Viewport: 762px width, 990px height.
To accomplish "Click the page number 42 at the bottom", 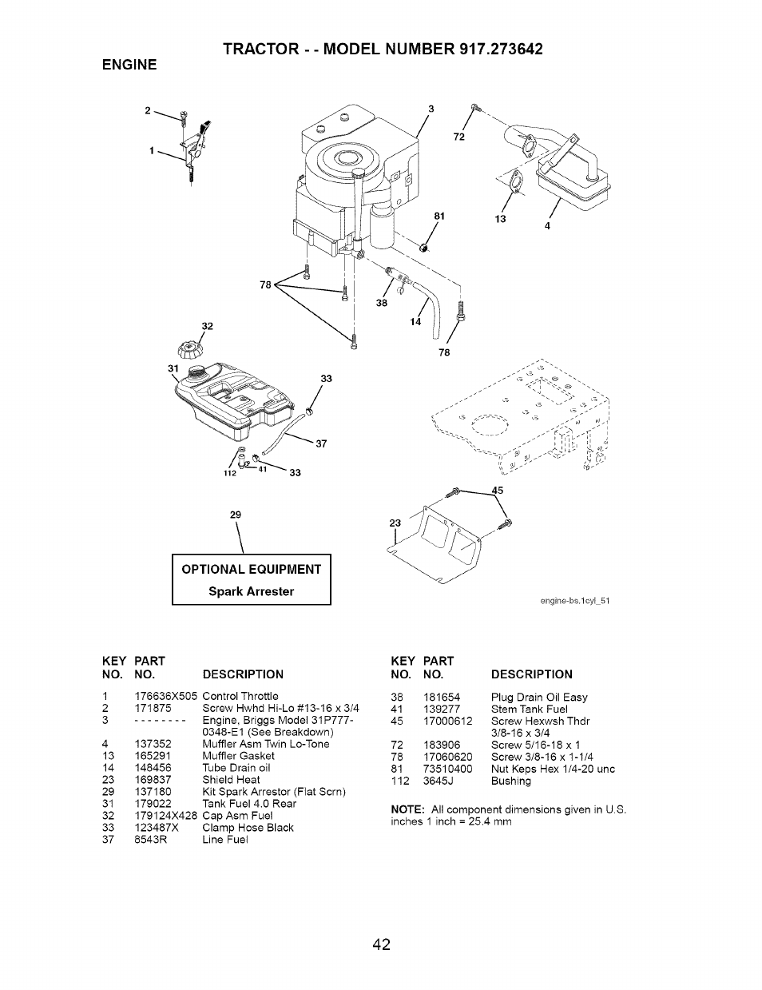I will click(381, 944).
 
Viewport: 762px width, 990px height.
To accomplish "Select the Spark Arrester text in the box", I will click(251, 591).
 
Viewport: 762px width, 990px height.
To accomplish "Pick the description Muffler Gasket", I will click(238, 755).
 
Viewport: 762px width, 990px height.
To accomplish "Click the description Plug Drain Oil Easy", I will click(538, 697).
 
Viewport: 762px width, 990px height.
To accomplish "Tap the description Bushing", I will click(510, 781).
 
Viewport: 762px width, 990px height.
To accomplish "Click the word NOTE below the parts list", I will click(405, 809).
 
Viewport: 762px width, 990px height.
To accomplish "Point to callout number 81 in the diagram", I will click(439, 216).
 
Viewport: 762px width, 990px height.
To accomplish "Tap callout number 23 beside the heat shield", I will click(395, 523).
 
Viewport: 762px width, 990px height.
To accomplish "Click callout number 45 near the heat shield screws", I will click(498, 491).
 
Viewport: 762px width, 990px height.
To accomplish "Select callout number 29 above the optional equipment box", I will click(236, 515).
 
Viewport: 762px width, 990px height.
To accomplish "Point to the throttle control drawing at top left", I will click(194, 148).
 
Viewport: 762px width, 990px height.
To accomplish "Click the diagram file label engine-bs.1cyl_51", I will click(571, 600).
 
